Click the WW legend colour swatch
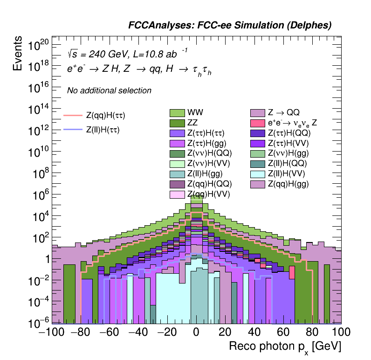pos(177,112)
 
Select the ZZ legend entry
pos(177,123)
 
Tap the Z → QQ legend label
pos(283,112)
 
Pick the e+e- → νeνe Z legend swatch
pos(258,123)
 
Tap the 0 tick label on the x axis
pos(196,332)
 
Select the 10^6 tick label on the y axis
pos(40,195)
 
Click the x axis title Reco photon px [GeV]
pos(285,347)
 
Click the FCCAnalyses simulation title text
pos(230,26)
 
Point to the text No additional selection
pos(109,90)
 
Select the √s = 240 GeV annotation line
pos(127,53)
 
